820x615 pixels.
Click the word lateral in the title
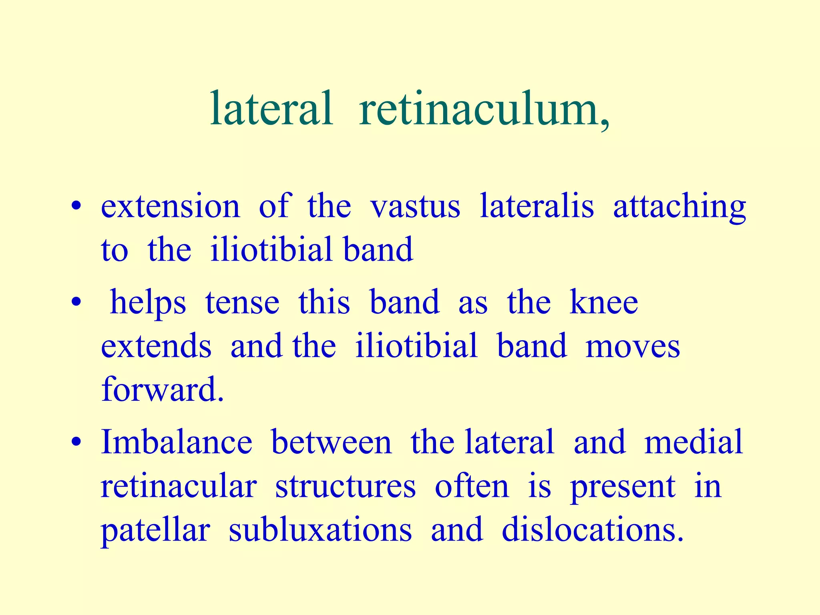271,109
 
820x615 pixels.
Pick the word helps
148,302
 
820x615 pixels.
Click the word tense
242,302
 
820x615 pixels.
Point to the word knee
603,302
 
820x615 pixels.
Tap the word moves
633,346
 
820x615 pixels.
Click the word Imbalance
177,442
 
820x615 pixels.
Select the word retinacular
179,486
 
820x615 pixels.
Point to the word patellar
155,531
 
